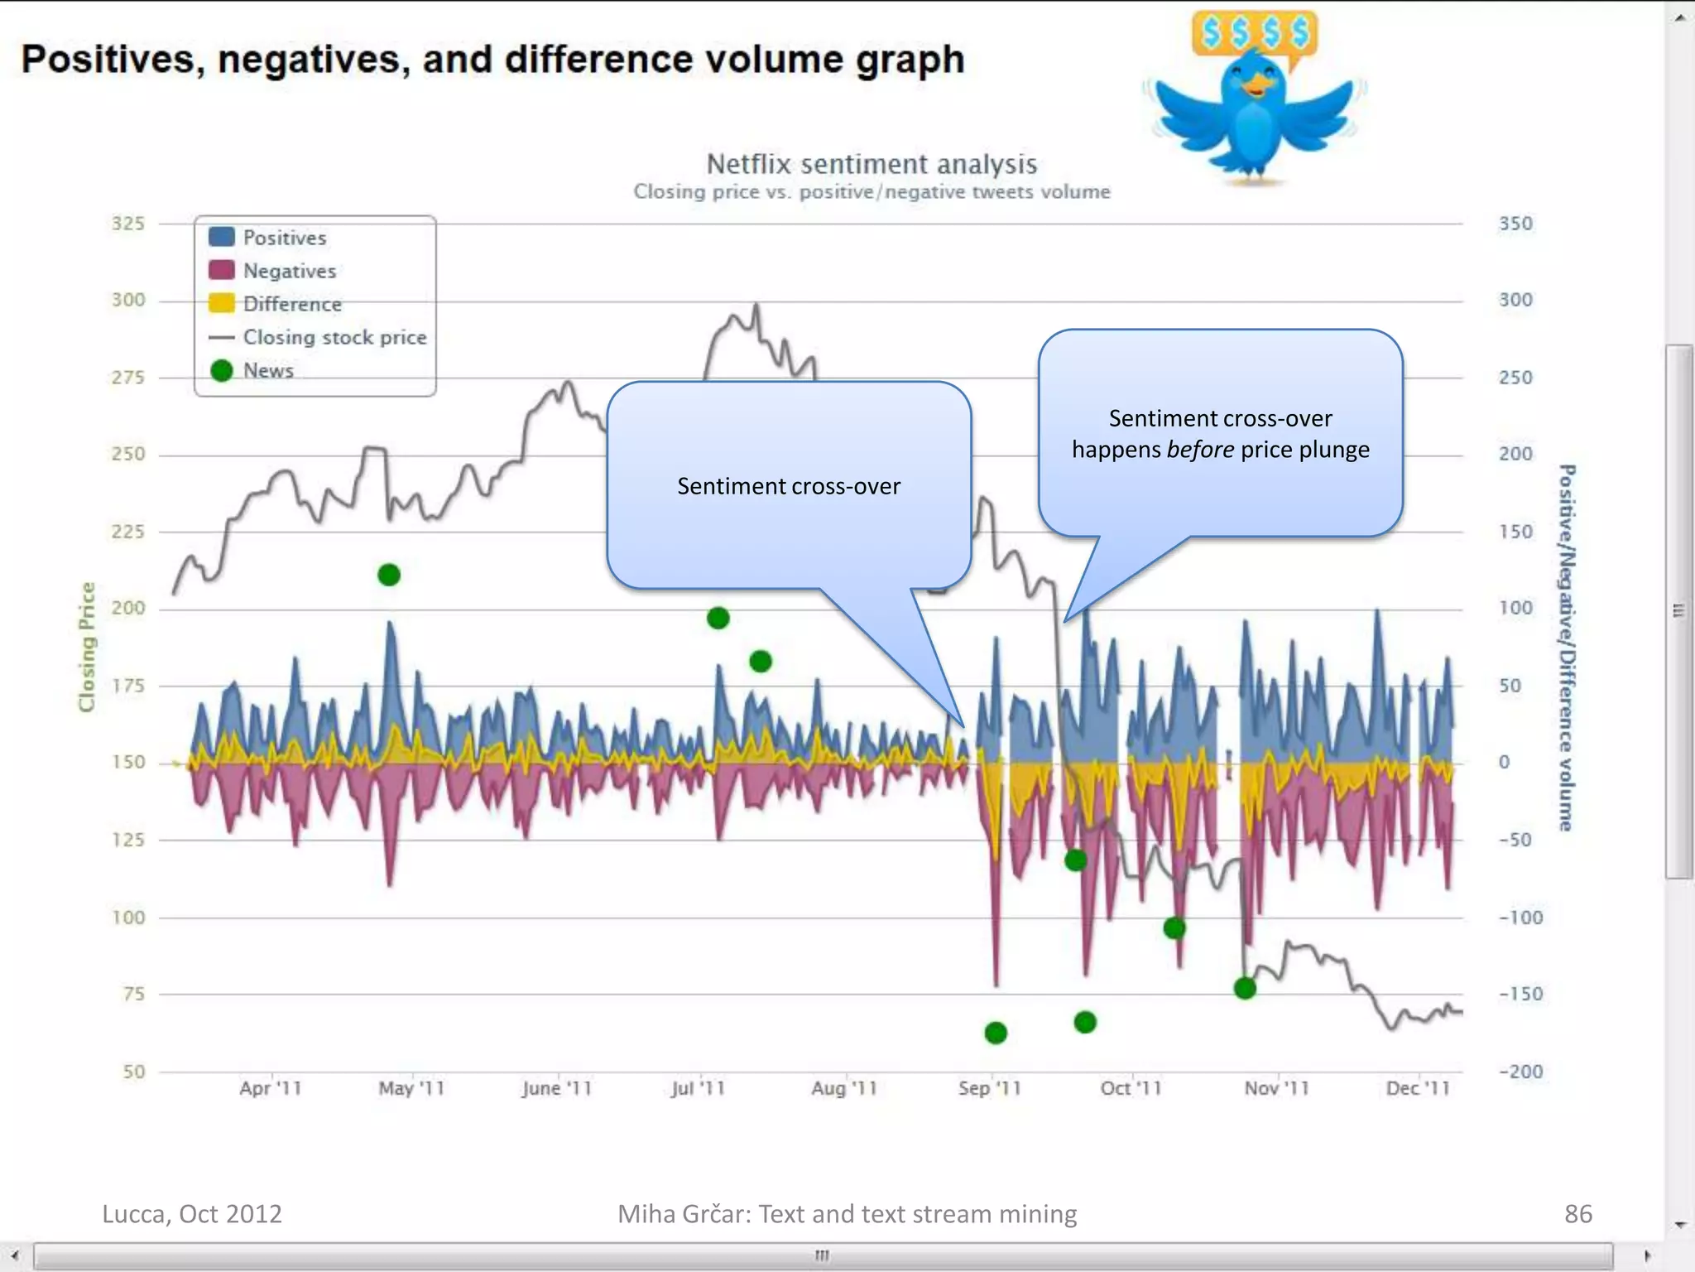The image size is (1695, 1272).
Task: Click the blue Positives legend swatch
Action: click(x=221, y=237)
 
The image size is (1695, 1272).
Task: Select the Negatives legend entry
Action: click(x=289, y=271)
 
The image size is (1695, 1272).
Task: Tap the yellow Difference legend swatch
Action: click(x=221, y=303)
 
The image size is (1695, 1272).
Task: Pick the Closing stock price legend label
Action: click(x=334, y=337)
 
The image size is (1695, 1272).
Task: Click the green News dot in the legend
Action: click(x=221, y=370)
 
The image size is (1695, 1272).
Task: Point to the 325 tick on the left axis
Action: click(x=128, y=224)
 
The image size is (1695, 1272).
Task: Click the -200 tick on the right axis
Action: click(x=1520, y=1072)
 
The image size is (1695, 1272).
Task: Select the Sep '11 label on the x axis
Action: click(x=990, y=1088)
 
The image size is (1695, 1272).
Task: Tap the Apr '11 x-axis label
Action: click(x=271, y=1088)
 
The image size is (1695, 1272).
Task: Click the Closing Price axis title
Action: click(x=87, y=647)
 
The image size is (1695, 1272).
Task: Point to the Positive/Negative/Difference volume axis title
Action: click(x=1566, y=647)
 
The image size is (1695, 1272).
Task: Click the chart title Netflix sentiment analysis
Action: click(x=871, y=164)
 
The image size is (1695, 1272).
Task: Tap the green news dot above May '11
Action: click(x=389, y=575)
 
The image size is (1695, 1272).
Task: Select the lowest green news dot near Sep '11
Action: click(x=996, y=1033)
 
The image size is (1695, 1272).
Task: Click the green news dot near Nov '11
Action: click(x=1245, y=988)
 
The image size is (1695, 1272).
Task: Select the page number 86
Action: click(x=1577, y=1214)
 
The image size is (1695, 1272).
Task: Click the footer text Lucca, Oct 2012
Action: click(x=192, y=1214)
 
